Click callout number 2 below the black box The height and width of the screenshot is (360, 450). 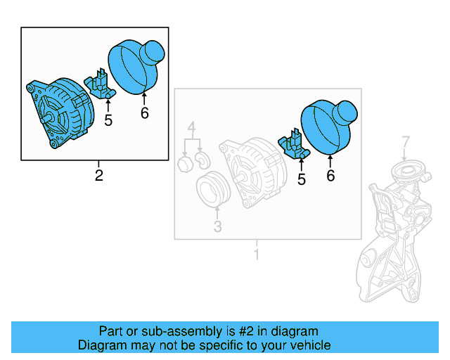[x=98, y=176]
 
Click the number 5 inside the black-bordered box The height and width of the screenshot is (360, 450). [x=108, y=120]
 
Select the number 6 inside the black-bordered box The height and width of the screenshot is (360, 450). [x=145, y=112]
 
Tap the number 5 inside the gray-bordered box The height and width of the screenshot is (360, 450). [x=302, y=179]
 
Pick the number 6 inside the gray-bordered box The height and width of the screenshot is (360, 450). [x=330, y=176]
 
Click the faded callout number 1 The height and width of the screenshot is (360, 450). [x=257, y=253]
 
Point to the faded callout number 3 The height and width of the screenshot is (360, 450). [x=217, y=226]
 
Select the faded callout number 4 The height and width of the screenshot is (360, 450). [x=191, y=128]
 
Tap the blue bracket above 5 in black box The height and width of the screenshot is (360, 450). [x=100, y=85]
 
